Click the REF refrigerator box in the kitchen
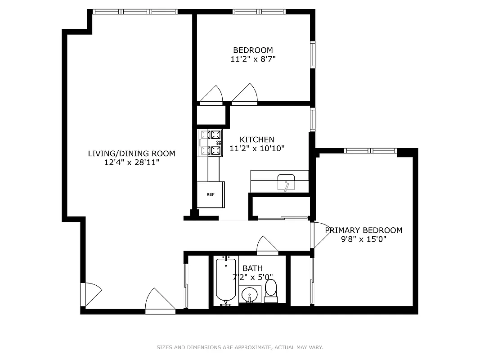(211, 194)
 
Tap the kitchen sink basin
(287, 182)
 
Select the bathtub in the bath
(226, 279)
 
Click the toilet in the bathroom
(271, 290)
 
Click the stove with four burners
(211, 143)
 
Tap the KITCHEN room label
(256, 139)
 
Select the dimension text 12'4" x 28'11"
(131, 162)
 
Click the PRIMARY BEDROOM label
(363, 230)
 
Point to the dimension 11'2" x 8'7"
(252, 59)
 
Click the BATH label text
(252, 269)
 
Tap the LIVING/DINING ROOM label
(131, 153)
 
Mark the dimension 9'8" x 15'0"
(363, 239)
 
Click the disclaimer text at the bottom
(240, 347)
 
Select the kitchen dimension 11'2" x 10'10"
(257, 148)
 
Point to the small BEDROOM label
(252, 50)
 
